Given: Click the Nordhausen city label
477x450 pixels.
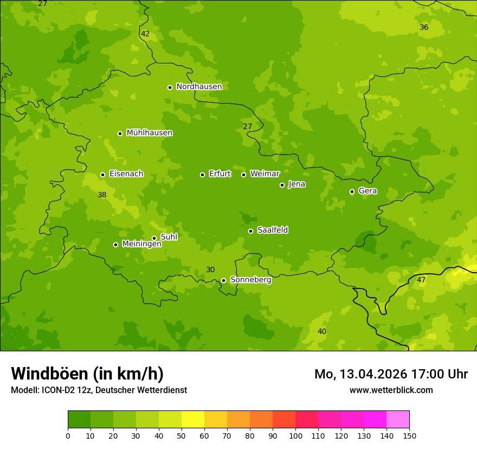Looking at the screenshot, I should pos(199,87).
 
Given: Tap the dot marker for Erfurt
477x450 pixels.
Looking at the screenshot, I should pos(202,175).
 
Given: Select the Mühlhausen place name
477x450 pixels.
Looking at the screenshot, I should pos(149,133).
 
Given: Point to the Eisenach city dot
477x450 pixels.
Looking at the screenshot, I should pos(102,175).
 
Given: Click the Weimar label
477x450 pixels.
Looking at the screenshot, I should pos(265,174).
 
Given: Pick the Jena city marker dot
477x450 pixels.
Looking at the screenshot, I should pos(282,185).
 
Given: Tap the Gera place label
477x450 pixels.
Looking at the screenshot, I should pos(368,191).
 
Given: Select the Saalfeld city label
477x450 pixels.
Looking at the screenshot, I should pos(272,230).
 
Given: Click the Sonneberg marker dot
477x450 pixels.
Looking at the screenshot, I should pos(223,280).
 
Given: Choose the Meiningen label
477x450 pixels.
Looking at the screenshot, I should pos(141,244).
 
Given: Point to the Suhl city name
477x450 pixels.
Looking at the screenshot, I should pos(169,237).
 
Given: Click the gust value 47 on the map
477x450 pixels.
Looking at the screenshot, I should pos(421,280).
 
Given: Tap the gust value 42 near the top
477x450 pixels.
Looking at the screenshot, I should pos(145,34).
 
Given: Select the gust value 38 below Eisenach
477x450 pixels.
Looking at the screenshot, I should pos(102,195).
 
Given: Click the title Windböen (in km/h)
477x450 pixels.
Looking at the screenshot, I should pos(87,374).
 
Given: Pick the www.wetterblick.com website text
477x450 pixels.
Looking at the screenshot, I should pos(391,390).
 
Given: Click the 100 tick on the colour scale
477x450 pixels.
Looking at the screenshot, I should pos(295,436).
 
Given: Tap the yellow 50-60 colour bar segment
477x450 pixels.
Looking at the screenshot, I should pos(193,420).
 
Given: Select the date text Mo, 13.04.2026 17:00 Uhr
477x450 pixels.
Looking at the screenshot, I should pos(391,374).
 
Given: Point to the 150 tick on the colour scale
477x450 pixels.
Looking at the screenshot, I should pos(409,436).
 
